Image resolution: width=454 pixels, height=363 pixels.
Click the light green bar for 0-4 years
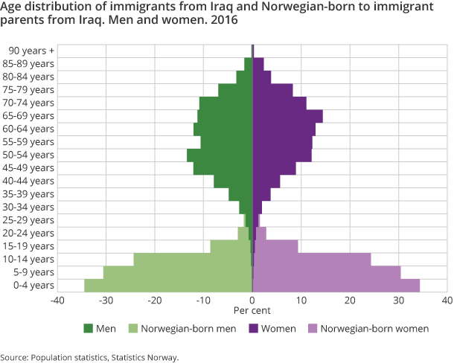click(x=168, y=285)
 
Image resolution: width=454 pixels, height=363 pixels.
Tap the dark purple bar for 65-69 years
click(x=287, y=116)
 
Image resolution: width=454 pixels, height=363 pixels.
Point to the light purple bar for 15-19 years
click(x=276, y=246)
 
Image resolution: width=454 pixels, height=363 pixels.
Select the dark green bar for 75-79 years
click(x=235, y=90)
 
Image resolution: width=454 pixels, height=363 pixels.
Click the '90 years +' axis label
click(x=31, y=51)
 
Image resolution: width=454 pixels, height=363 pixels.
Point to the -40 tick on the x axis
click(x=57, y=301)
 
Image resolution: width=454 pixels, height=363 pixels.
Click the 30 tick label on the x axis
click(x=398, y=301)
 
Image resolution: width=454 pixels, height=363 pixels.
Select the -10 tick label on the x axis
click(x=203, y=301)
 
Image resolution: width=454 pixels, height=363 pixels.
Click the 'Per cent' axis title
click(x=252, y=310)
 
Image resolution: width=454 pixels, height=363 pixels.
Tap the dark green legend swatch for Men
click(x=89, y=328)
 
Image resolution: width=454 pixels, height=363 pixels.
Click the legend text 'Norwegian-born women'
click(x=374, y=328)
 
